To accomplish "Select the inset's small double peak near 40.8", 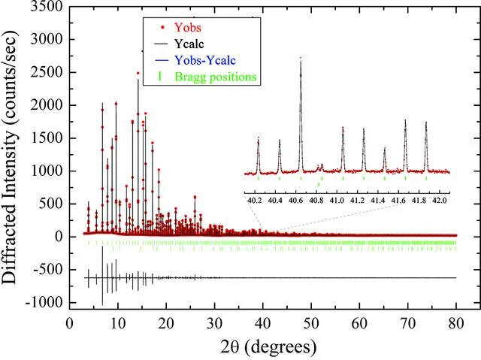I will (320, 166).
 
